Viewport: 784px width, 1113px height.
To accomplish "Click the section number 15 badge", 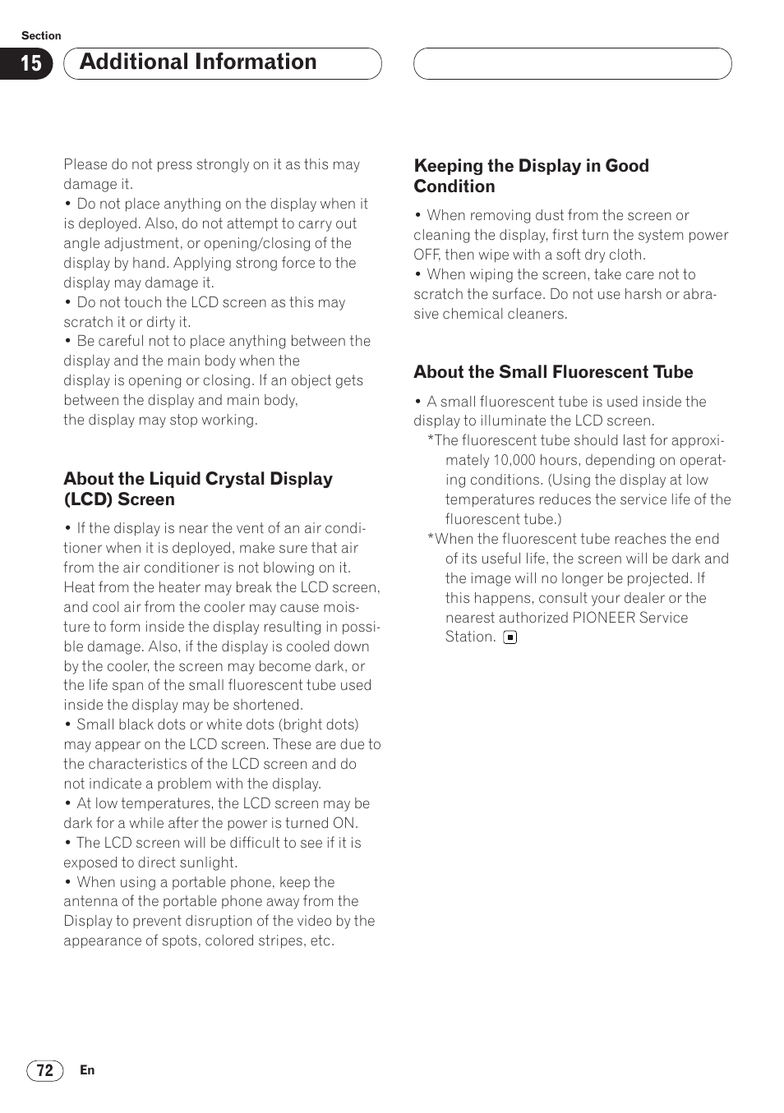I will point(30,64).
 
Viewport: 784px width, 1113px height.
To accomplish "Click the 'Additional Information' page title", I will point(198,62).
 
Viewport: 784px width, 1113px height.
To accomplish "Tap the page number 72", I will point(45,1070).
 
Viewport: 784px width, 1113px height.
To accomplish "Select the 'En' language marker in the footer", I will point(87,1070).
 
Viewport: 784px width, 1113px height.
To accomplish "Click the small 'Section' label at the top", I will point(41,35).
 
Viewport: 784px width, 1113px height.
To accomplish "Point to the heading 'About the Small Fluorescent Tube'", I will point(553,372).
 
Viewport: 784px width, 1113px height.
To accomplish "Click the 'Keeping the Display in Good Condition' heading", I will point(531,176).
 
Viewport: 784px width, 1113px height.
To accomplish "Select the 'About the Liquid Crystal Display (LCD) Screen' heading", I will point(198,489).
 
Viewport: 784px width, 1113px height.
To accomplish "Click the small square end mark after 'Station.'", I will point(510,637).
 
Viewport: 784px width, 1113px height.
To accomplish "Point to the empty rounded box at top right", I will point(572,64).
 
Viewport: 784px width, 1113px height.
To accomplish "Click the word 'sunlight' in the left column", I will point(209,862).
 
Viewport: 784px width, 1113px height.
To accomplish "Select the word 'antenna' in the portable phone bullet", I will point(90,901).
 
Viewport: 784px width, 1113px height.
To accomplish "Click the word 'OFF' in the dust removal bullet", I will point(427,255).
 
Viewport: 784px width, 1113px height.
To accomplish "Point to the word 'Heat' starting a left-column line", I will point(80,587).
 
